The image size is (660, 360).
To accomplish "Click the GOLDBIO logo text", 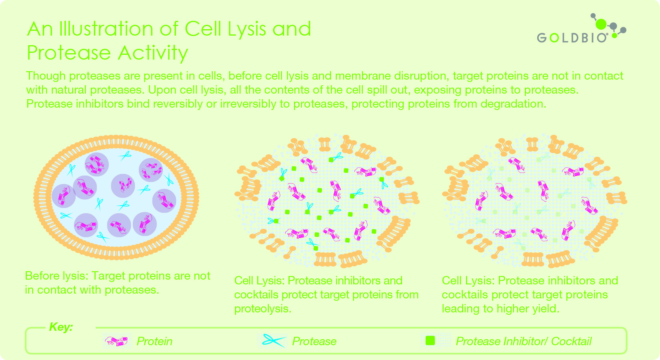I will (572, 38).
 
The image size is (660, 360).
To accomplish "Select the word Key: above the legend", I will (61, 327).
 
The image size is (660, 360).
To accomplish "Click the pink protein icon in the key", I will (116, 341).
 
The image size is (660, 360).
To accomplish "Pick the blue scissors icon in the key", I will (274, 341).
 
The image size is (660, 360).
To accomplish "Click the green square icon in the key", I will (430, 341).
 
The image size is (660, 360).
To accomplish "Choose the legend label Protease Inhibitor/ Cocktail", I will (524, 341).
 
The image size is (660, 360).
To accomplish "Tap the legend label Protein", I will (154, 341).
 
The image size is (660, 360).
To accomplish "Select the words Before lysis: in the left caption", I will (57, 276).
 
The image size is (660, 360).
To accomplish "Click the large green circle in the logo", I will (601, 24).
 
